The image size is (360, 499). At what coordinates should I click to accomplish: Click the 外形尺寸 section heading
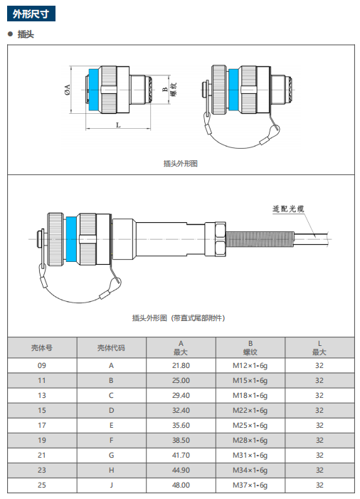click(31, 14)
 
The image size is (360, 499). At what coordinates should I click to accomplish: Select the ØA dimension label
click(67, 90)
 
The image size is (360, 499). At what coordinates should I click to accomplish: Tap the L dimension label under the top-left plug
click(118, 125)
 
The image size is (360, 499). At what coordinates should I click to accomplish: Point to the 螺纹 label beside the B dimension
click(174, 90)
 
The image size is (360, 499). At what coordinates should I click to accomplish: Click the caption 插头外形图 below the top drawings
click(180, 163)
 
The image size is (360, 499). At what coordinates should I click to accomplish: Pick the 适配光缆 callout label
click(288, 209)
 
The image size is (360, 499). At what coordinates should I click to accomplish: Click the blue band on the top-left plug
click(94, 90)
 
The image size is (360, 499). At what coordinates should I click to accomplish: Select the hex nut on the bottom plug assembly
click(220, 239)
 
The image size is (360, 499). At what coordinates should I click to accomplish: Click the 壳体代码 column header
click(111, 348)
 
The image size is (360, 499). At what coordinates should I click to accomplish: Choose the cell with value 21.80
click(181, 366)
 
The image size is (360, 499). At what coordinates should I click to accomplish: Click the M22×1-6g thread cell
click(250, 411)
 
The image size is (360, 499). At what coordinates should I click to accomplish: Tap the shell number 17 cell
click(42, 426)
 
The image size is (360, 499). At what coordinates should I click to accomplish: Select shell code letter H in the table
click(111, 471)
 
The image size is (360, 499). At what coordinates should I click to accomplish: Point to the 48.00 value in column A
click(181, 485)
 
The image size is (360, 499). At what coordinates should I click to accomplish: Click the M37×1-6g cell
click(250, 485)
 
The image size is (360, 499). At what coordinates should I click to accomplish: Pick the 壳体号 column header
click(42, 348)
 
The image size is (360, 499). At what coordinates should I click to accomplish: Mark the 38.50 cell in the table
click(181, 441)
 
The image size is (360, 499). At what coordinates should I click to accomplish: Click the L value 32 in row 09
click(319, 366)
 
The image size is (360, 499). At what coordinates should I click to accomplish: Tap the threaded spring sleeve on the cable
click(260, 239)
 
